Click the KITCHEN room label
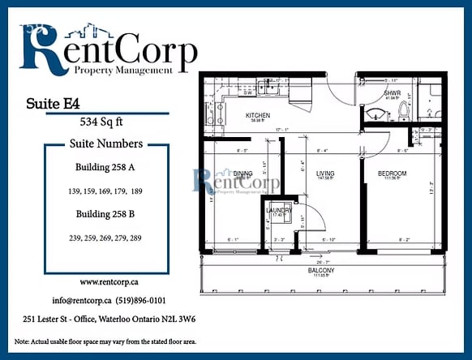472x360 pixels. click(x=258, y=115)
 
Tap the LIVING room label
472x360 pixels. click(x=325, y=173)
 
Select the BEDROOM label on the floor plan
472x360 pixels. click(x=392, y=174)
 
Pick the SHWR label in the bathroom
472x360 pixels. click(x=392, y=93)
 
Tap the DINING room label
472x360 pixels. click(x=243, y=173)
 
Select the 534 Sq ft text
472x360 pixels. click(x=104, y=123)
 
